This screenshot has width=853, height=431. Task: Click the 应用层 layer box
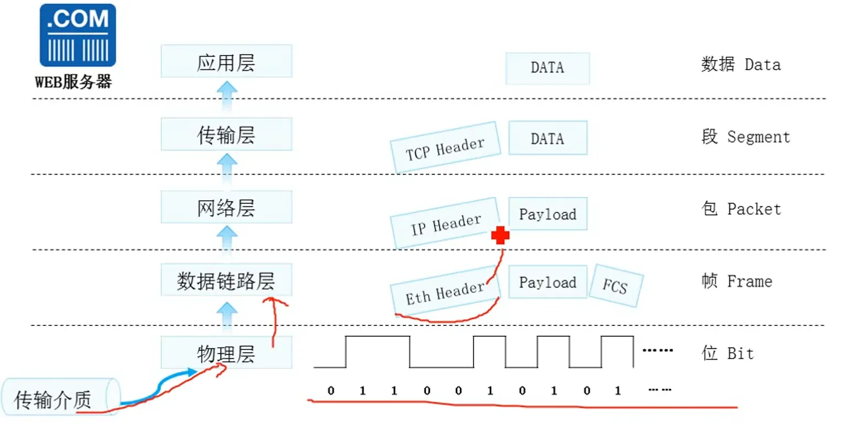click(x=226, y=62)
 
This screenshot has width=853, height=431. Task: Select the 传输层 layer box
click(x=226, y=134)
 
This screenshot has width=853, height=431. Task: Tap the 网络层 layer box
click(x=226, y=208)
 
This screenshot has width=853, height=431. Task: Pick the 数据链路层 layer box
click(x=226, y=280)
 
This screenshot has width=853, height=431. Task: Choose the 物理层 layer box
click(x=226, y=353)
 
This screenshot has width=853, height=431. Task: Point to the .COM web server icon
click(x=78, y=35)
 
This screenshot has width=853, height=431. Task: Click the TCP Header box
click(x=445, y=148)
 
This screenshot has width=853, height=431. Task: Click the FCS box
click(x=615, y=286)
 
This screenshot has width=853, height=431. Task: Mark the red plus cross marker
click(x=500, y=236)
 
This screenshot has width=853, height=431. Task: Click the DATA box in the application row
click(x=547, y=68)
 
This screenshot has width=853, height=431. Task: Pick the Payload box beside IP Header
click(x=547, y=214)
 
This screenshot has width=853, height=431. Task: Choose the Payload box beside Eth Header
click(x=547, y=282)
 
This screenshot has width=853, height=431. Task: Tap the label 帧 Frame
click(x=737, y=282)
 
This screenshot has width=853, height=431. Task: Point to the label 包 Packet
click(x=741, y=209)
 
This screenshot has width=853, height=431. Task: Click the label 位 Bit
click(x=727, y=353)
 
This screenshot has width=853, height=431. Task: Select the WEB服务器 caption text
click(x=74, y=83)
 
